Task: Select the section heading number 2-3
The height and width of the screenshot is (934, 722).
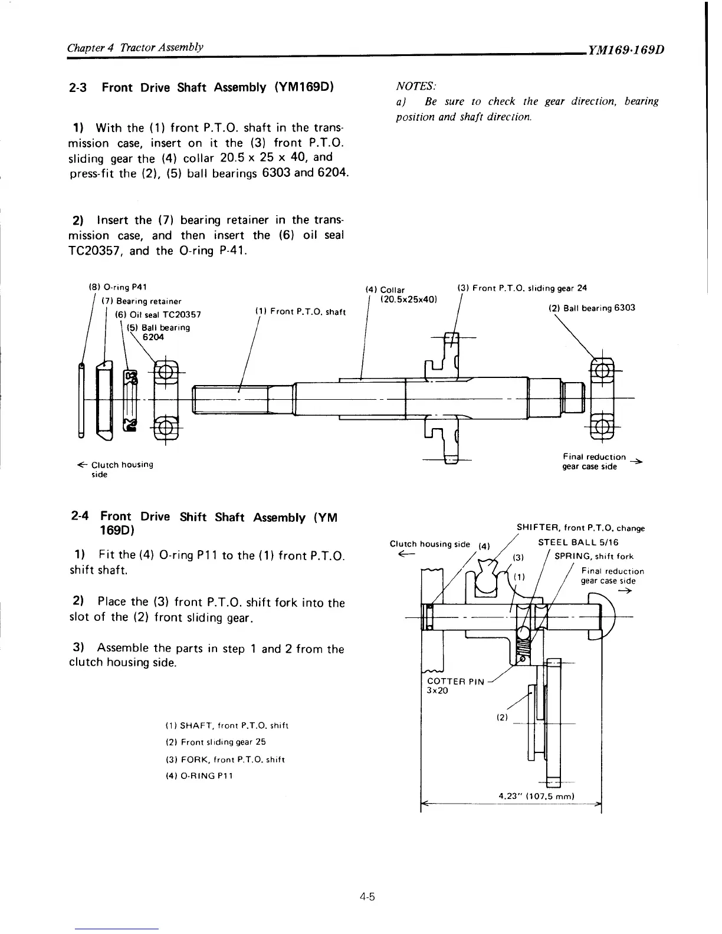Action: pos(78,88)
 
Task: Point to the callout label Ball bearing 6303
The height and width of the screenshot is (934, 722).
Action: pos(592,308)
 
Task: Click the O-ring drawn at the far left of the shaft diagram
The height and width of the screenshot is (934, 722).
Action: pos(81,400)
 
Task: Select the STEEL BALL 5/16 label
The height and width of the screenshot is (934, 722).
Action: pos(578,542)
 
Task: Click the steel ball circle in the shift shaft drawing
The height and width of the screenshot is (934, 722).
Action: pos(523,633)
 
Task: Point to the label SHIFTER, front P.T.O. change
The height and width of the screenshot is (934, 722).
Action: pos(580,528)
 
